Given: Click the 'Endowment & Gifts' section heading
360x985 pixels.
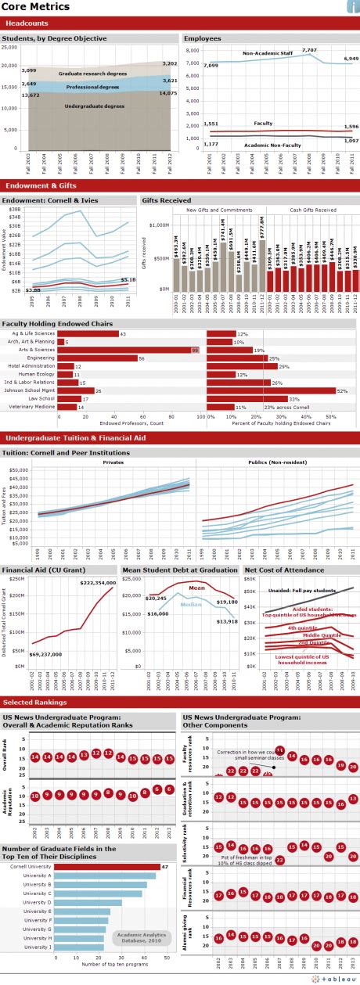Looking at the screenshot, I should pos(41,186).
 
